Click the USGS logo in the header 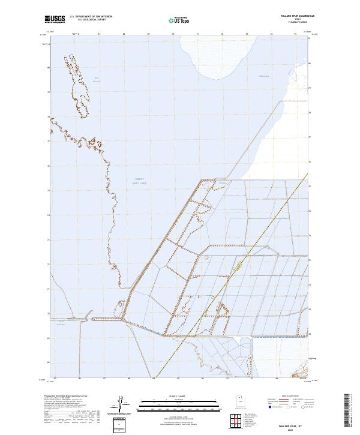click(x=55, y=19)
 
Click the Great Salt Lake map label click(x=139, y=180)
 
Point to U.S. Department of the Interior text click(x=91, y=17)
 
